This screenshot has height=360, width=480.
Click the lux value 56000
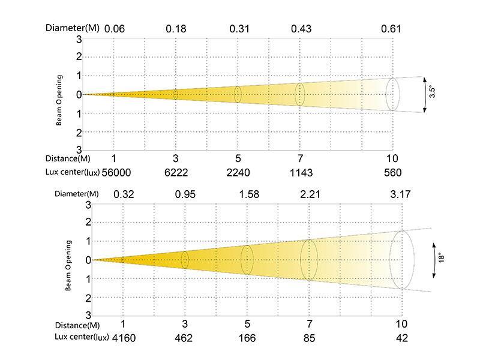tap(116, 172)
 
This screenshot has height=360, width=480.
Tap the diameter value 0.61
tap(391, 28)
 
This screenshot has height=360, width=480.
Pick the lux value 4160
tap(124, 338)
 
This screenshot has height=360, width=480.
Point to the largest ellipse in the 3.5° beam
tap(392, 94)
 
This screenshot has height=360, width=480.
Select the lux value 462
tap(184, 338)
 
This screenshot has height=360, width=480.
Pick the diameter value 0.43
tap(301, 28)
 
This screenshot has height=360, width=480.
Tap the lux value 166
tap(247, 338)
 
